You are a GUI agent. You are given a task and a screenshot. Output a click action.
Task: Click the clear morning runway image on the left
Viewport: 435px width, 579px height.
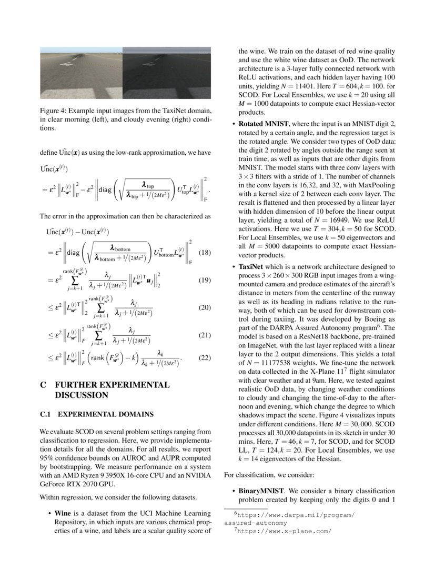pos(82,73)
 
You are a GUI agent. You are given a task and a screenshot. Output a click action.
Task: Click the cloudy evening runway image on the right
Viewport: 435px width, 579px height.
pos(167,73)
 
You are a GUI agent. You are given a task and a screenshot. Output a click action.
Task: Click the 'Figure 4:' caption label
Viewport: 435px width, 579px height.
pos(54,111)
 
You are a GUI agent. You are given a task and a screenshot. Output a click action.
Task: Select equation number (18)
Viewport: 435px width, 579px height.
pos(206,253)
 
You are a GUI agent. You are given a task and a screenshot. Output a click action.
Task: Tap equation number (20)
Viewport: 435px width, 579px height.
pos(206,307)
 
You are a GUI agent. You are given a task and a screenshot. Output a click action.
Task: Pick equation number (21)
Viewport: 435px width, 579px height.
pos(206,335)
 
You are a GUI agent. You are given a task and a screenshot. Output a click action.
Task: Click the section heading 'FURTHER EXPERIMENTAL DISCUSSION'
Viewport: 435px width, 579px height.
pos(112,390)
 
